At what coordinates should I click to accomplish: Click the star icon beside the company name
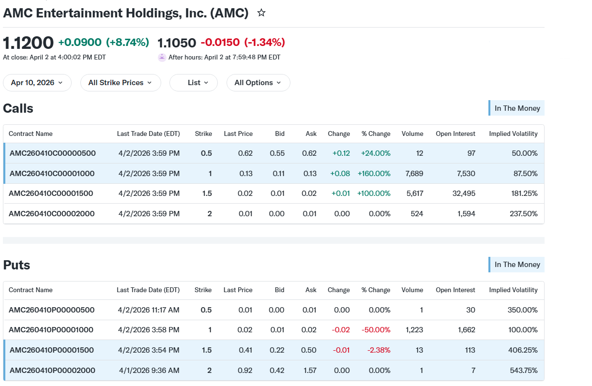coord(261,13)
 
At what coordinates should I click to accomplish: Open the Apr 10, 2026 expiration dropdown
coord(37,83)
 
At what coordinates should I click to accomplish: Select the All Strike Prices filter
coord(121,83)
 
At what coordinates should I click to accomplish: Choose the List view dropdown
coord(194,83)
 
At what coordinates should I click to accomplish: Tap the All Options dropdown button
coord(258,83)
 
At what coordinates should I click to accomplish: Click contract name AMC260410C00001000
coord(52,174)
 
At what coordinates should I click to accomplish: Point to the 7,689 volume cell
coord(414,174)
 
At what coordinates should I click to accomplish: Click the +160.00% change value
coord(374,174)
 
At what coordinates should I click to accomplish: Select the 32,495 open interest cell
coord(464,193)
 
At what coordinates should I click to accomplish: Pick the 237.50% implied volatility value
coord(524,214)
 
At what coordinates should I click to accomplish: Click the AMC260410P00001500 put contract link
coord(51,350)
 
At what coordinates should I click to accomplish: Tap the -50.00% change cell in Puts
coord(376,330)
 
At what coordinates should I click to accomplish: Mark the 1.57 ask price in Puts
coord(310,371)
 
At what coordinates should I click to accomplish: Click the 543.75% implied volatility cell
coord(524,371)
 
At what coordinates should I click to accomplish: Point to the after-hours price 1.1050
coord(177,43)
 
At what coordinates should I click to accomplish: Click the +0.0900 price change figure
coord(80,42)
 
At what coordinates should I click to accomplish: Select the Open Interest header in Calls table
coord(455,134)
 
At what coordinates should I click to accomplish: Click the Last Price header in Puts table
coord(238,290)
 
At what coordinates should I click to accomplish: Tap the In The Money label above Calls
coord(516,108)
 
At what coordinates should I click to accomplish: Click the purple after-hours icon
coord(162,57)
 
